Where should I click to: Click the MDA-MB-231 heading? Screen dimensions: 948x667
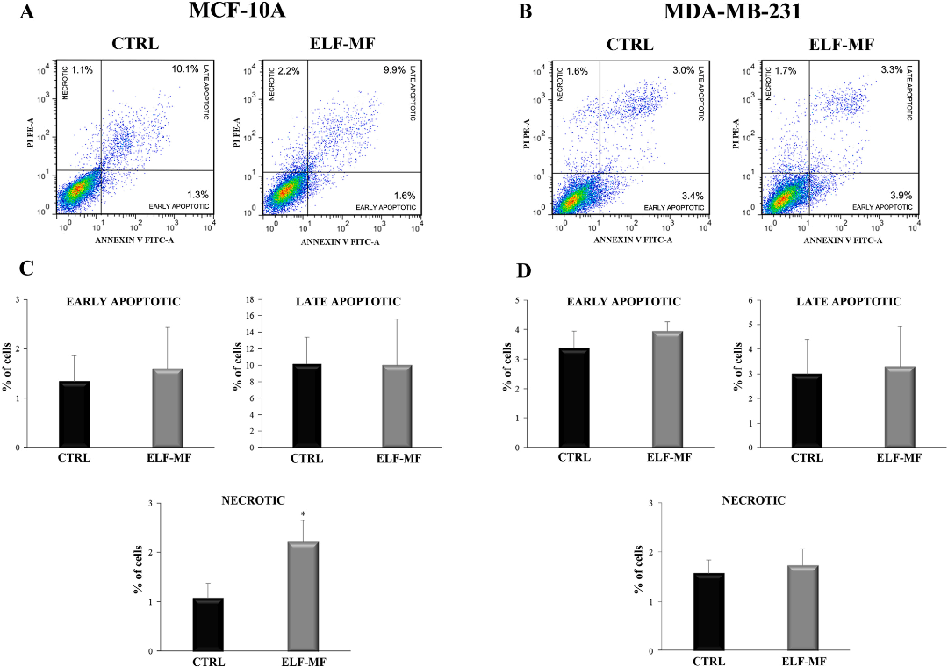pyautogui.click(x=733, y=11)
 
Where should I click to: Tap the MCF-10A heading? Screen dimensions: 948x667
pyautogui.click(x=237, y=11)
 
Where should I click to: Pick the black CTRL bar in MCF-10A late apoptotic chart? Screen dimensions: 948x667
pyautogui.click(x=307, y=405)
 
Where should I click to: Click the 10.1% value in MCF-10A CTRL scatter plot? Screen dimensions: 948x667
pyautogui.click(x=185, y=69)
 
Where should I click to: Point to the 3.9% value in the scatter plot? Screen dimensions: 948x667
pyautogui.click(x=901, y=196)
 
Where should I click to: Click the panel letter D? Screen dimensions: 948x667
pyautogui.click(x=524, y=269)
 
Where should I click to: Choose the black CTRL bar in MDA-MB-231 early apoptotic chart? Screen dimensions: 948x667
pyautogui.click(x=574, y=398)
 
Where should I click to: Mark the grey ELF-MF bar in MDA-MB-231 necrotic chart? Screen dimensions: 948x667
pyautogui.click(x=803, y=608)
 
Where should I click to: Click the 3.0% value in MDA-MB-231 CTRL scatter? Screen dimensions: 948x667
pyautogui.click(x=683, y=70)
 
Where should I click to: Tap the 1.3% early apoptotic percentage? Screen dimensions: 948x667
pyautogui.click(x=197, y=195)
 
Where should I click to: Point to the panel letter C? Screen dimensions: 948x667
pyautogui.click(x=26, y=269)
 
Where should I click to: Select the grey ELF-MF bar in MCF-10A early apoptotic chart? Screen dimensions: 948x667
pyautogui.click(x=168, y=408)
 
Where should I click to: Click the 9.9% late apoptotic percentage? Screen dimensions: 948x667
pyautogui.click(x=393, y=69)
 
